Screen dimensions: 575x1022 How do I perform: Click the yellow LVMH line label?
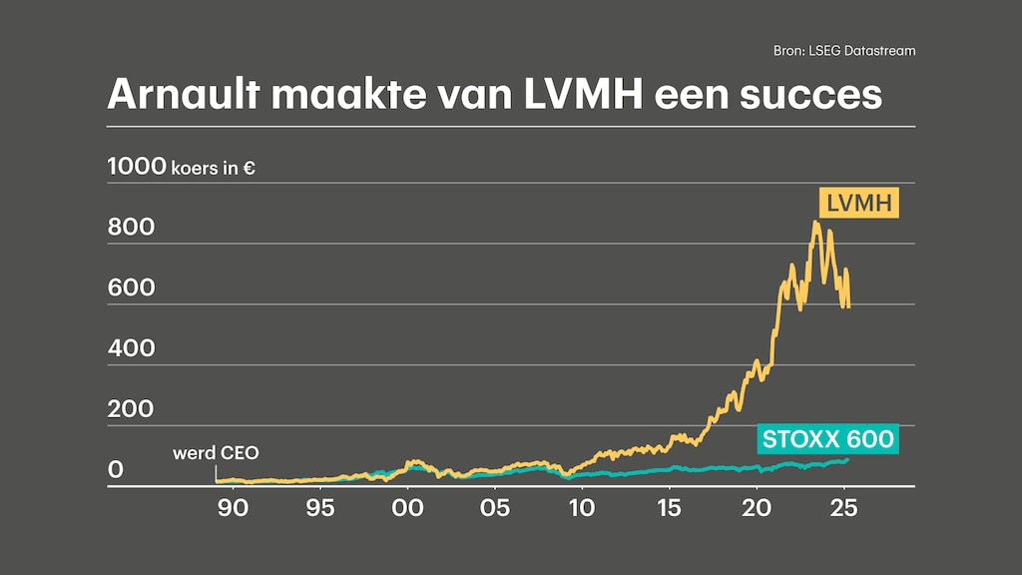click(x=858, y=205)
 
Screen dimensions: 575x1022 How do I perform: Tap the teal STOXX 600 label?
click(x=827, y=438)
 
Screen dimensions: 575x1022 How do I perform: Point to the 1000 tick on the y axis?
click(x=136, y=167)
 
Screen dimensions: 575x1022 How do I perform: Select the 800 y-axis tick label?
click(x=131, y=228)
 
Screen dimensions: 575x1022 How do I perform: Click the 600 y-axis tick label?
click(x=131, y=288)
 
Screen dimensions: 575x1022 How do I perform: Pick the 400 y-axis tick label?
click(x=131, y=348)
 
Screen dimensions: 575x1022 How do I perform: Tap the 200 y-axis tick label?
click(x=131, y=409)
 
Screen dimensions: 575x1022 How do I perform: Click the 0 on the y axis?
click(x=116, y=469)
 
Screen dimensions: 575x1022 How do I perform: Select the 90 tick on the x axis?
click(x=233, y=508)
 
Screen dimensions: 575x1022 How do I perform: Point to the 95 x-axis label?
click(x=319, y=508)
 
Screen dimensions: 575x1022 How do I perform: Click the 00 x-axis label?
click(x=407, y=508)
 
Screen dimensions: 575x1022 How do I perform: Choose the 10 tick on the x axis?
click(x=582, y=508)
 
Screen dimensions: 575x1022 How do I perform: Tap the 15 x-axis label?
click(x=669, y=508)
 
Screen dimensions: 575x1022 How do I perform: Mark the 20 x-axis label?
click(x=757, y=508)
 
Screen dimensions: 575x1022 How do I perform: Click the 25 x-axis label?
click(x=844, y=508)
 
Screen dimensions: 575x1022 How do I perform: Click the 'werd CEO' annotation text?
click(x=216, y=453)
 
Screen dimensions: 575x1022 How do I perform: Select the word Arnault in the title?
click(x=182, y=94)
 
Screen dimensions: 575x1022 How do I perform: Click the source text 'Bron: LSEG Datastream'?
click(x=844, y=50)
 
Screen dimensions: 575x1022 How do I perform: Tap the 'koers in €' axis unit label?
click(x=213, y=169)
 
